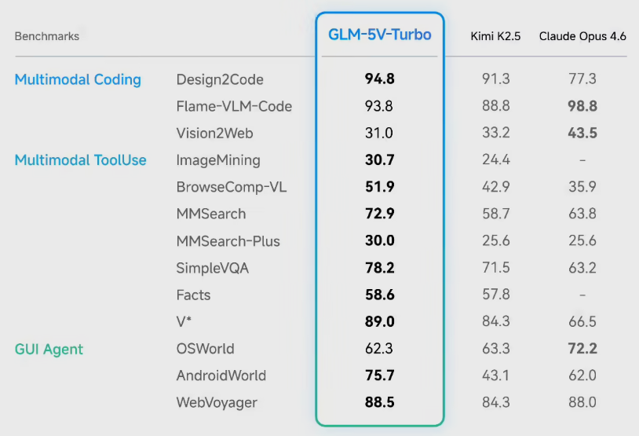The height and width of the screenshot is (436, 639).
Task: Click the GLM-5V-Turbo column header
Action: coord(379,35)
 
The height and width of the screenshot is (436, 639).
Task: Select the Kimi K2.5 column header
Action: coord(495,36)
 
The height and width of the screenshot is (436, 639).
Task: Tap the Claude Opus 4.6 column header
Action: coord(582,36)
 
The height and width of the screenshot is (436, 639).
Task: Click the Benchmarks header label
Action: coord(47,36)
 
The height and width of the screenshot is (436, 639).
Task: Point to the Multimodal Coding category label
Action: coord(78,79)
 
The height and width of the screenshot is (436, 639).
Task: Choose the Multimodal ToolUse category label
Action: coord(81,160)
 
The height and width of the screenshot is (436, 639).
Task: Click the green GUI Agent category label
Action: coord(49,349)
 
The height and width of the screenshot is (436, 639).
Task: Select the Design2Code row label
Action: coord(220,79)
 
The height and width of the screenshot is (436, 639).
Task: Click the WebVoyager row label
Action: coord(217,402)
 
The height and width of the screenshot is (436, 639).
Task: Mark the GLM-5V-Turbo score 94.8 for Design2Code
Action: coord(379,79)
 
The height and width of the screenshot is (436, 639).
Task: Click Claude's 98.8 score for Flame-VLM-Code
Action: coord(582,106)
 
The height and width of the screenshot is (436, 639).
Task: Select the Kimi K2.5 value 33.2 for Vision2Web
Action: coord(495,133)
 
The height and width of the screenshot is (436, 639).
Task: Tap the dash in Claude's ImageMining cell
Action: coord(582,160)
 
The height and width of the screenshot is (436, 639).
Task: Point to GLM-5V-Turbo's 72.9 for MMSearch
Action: coord(379,214)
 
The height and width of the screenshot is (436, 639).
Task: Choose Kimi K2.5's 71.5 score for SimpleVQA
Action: coord(495,268)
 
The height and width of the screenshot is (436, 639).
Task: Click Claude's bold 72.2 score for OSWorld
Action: coord(582,349)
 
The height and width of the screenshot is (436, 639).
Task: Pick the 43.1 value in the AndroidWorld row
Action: coord(495,376)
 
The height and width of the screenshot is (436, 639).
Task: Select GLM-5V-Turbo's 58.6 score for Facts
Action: coord(379,295)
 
